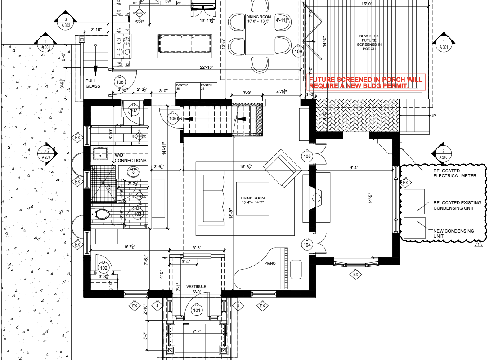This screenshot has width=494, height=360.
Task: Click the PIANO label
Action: point(269,263)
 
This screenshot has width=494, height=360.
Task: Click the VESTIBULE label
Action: point(196,286)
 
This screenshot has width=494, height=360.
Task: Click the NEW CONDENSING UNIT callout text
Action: point(454,234)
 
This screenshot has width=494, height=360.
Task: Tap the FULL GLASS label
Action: point(93,83)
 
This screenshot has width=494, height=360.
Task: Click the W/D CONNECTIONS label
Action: point(130,158)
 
